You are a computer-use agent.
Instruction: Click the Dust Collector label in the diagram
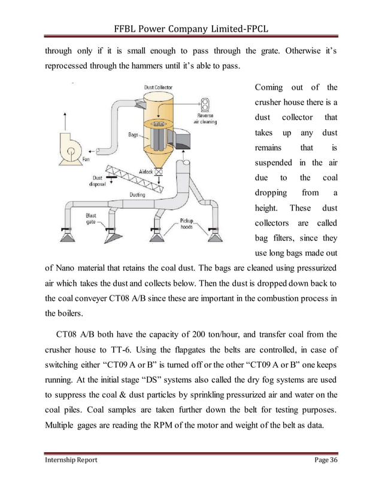[x=158, y=87]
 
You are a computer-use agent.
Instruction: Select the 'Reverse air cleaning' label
[x=205, y=119]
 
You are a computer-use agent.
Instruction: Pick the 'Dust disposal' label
[x=97, y=181]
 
